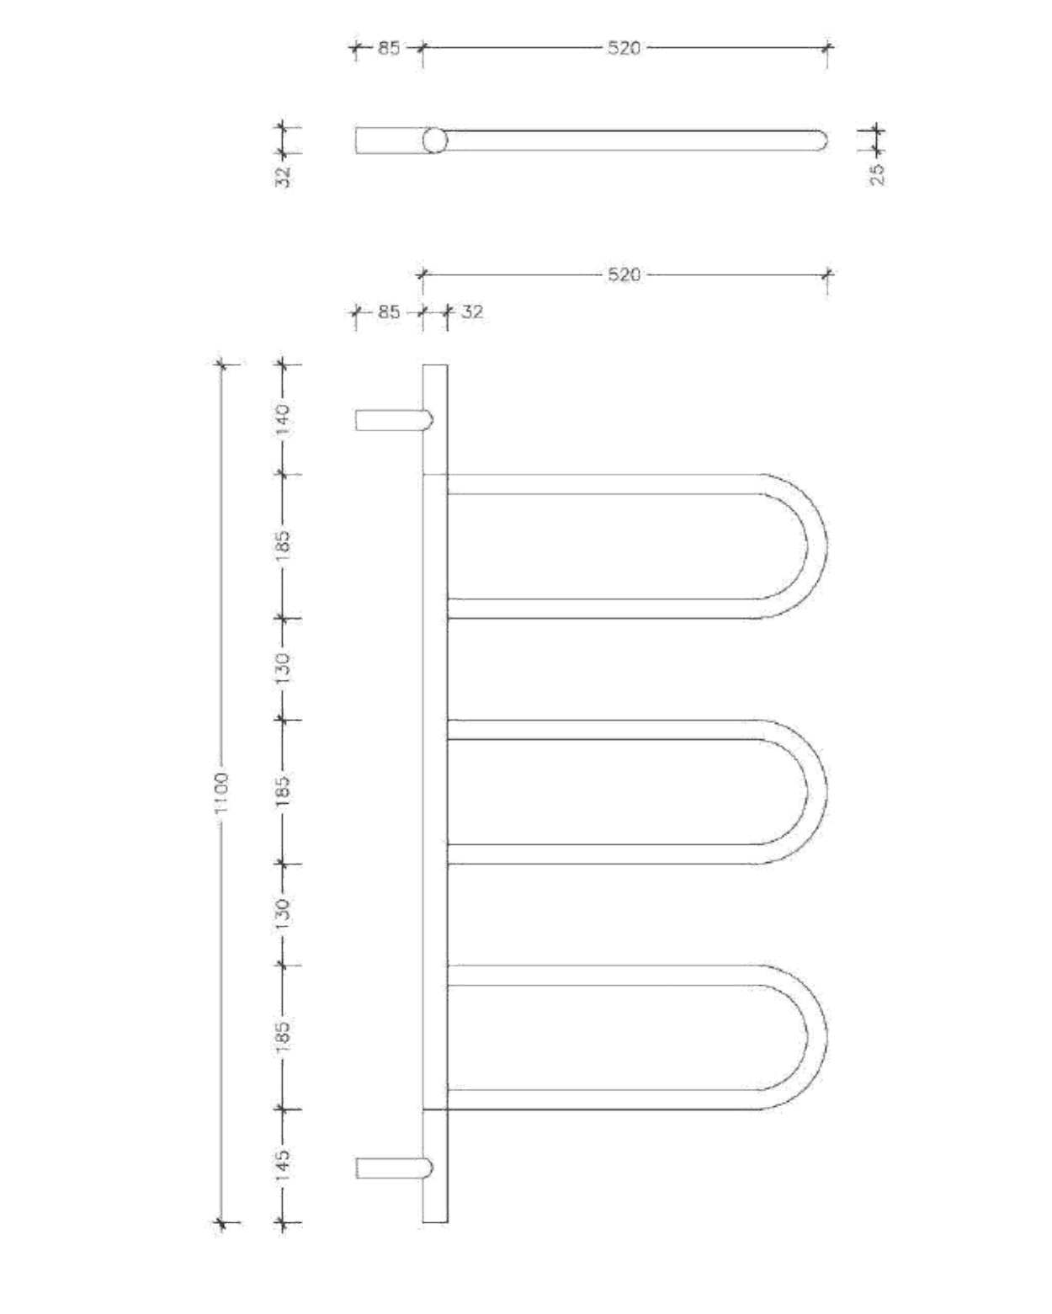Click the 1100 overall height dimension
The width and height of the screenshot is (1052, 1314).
pos(221,793)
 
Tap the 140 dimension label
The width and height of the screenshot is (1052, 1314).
pos(283,418)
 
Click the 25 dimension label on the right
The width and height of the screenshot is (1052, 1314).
pos(877,173)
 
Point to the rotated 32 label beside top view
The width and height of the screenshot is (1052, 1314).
pos(283,175)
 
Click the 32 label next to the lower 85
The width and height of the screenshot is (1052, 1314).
pos(472,312)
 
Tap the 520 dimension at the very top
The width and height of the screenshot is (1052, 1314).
pos(624,48)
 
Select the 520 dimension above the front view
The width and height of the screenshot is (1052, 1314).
pos(624,275)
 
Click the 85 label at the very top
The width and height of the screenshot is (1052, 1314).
pos(388,48)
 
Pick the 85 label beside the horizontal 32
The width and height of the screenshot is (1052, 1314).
pos(388,312)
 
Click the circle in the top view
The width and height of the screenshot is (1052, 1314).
pos(434,140)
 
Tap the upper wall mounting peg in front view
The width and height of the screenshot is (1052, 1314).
pos(393,419)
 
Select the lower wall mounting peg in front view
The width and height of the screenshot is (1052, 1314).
pos(393,1168)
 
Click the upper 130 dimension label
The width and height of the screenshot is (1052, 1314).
pos(283,668)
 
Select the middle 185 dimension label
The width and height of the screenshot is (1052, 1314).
pos(283,791)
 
